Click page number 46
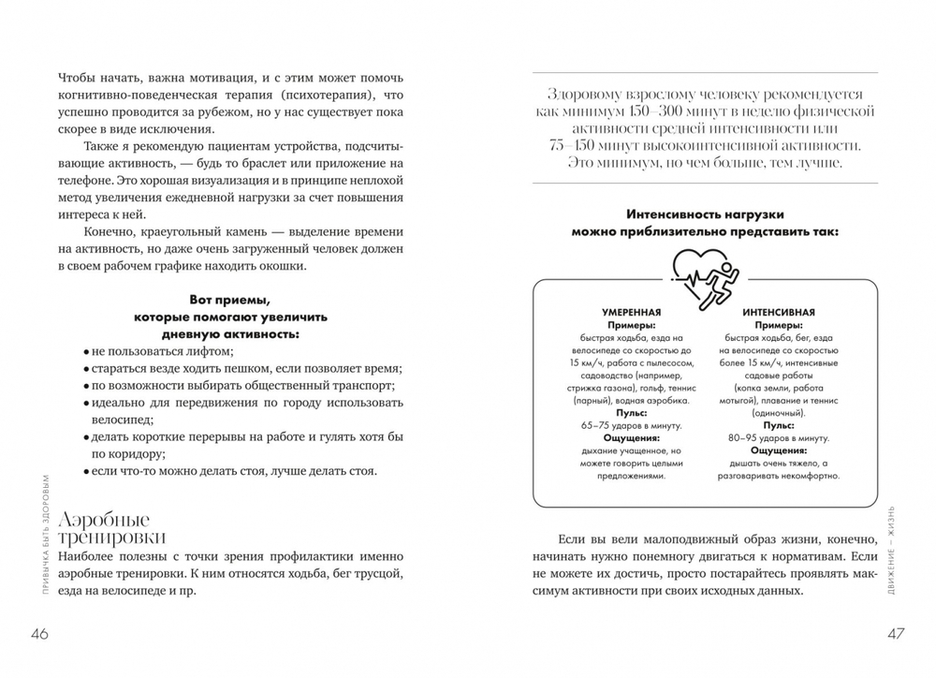[x=40, y=634]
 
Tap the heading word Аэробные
[x=103, y=520]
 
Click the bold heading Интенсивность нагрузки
[x=706, y=214]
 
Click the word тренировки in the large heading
[x=111, y=538]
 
